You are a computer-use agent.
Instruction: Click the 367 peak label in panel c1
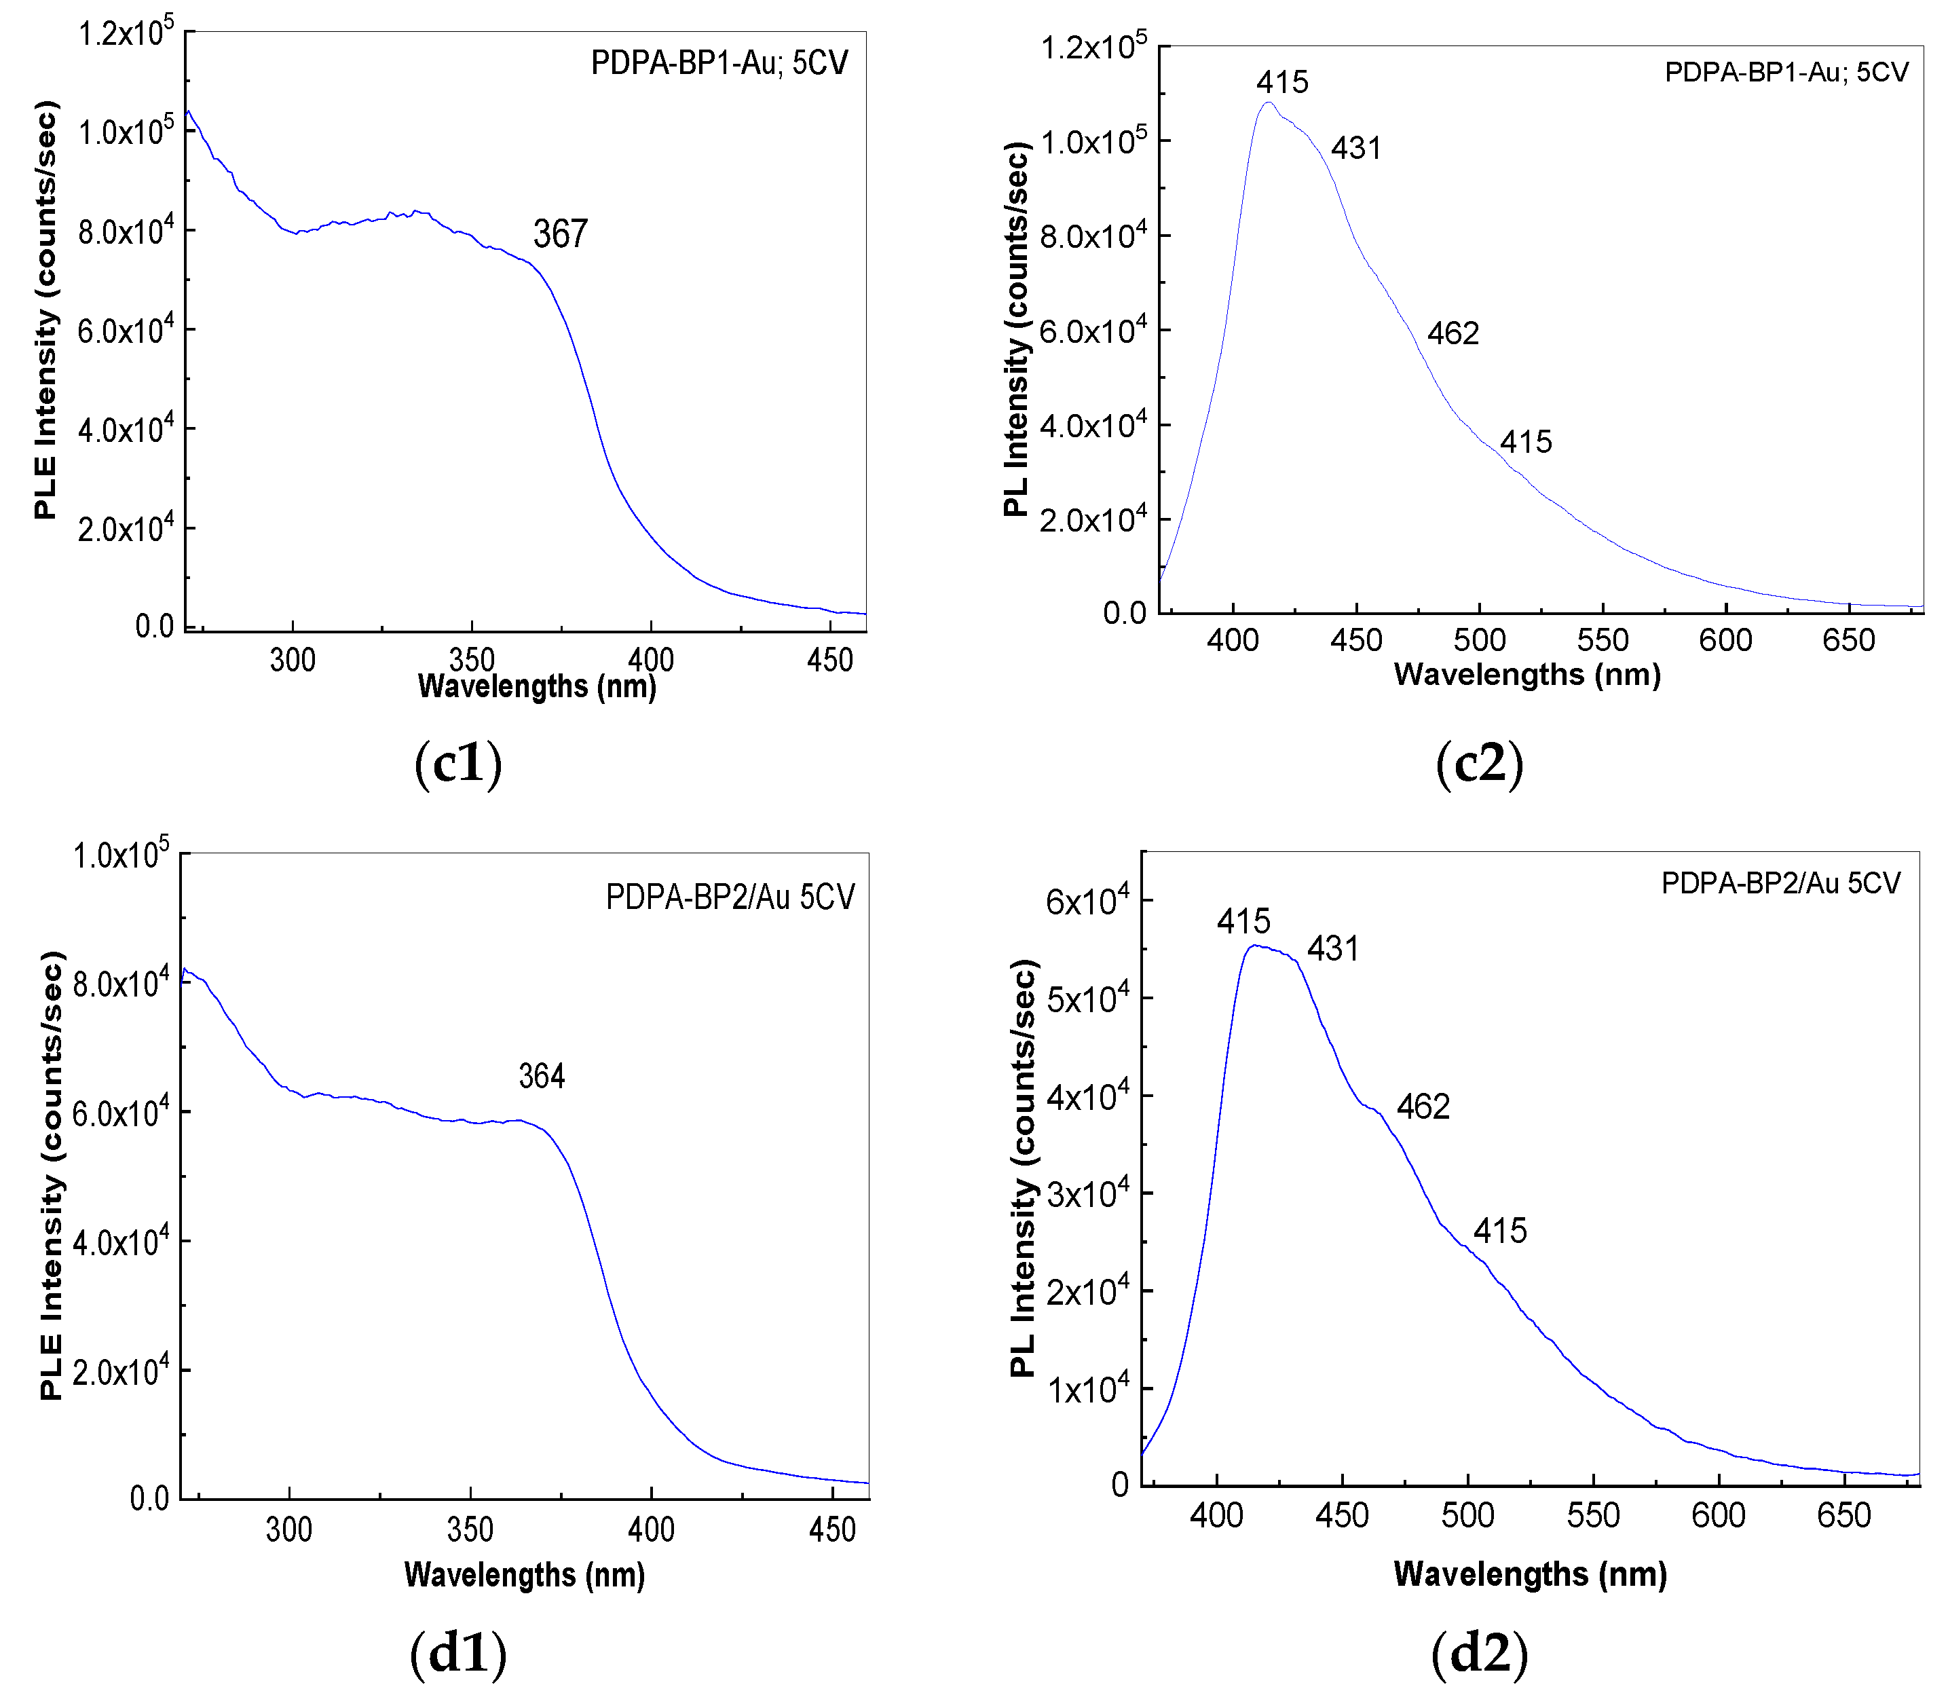(561, 234)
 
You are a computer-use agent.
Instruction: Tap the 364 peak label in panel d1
(542, 1077)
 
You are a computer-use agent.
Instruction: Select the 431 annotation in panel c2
(1355, 148)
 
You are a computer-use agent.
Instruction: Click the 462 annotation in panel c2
(1453, 333)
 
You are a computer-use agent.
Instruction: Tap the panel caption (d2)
(1479, 1652)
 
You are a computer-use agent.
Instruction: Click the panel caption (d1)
(458, 1652)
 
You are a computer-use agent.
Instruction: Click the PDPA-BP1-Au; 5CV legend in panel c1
(719, 62)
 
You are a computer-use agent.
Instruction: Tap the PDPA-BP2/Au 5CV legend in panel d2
(1780, 883)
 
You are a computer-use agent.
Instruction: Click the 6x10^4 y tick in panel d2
(1087, 902)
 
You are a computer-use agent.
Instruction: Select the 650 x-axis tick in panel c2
(1848, 641)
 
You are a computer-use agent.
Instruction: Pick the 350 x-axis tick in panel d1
(470, 1529)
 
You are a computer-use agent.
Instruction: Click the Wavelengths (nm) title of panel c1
(537, 686)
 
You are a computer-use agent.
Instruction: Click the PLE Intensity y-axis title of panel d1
(53, 1176)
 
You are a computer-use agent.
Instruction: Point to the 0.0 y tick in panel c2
(1125, 614)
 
